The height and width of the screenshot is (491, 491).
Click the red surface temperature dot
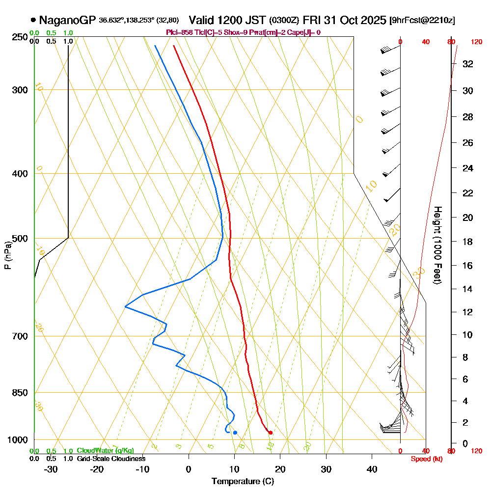click(271, 433)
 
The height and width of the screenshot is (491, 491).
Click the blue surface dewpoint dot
click(235, 433)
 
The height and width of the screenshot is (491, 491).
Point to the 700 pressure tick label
click(19, 336)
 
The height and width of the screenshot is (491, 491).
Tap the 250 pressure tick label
click(19, 37)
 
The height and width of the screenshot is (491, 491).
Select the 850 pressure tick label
click(19, 393)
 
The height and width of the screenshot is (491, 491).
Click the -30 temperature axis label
click(51, 469)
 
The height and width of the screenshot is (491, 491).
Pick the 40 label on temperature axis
click(372, 469)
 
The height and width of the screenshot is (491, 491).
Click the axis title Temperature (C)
click(243, 481)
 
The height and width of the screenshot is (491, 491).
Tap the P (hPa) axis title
click(7, 255)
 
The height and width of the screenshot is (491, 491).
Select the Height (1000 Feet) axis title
click(436, 245)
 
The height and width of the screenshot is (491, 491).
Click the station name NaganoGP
click(67, 21)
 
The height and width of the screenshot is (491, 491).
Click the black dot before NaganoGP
click(33, 21)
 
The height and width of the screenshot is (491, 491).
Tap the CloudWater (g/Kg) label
click(105, 450)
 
